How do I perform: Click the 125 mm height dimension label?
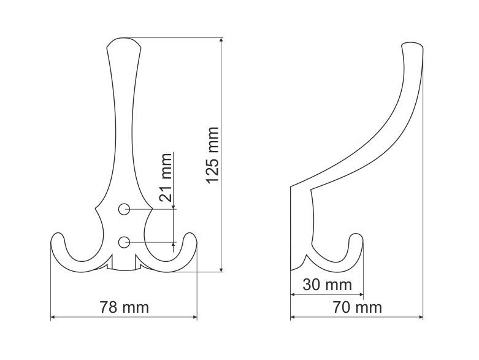pyautogui.click(x=213, y=155)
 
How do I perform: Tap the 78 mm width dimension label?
pyautogui.click(x=124, y=307)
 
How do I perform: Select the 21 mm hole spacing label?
pyautogui.click(x=165, y=177)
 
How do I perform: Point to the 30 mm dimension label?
pyautogui.click(x=327, y=285)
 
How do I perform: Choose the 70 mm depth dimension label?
pyautogui.click(x=358, y=307)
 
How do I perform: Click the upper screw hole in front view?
pyautogui.click(x=124, y=209)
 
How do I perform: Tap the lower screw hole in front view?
pyautogui.click(x=124, y=242)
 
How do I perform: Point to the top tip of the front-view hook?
pyautogui.click(x=124, y=38)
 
